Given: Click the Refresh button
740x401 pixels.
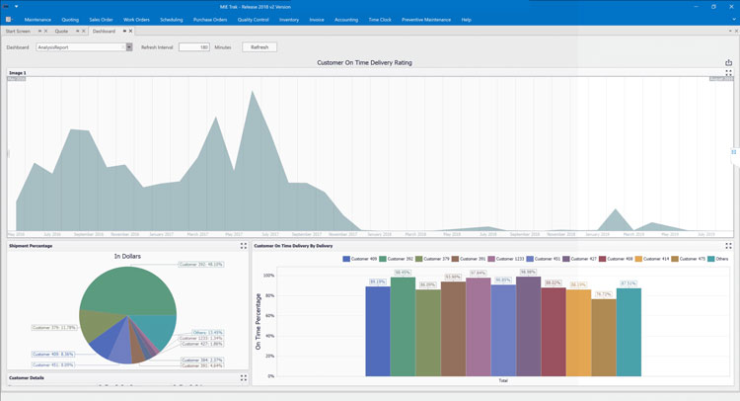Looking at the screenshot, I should [259, 46].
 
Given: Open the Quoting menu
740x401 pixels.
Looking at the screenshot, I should [70, 19].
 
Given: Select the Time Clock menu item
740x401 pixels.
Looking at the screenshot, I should [380, 19].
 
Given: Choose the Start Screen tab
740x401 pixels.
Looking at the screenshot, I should [19, 32].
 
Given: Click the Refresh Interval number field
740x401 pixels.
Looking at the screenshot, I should [193, 46].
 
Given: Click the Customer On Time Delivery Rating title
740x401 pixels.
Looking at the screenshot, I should [364, 62].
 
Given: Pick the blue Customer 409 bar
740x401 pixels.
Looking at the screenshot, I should [377, 331].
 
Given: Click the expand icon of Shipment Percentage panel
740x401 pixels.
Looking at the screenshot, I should [243, 245].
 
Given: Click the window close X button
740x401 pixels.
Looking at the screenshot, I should [730, 6].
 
